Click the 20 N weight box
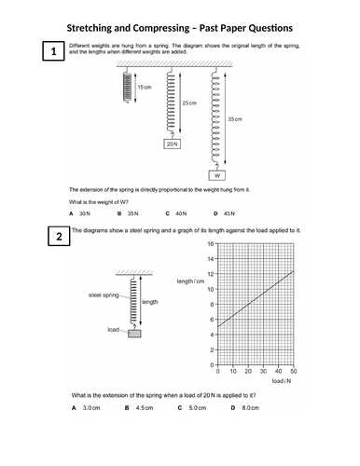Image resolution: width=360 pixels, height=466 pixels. (x=172, y=144)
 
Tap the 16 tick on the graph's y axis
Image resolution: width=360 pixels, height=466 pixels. (x=211, y=243)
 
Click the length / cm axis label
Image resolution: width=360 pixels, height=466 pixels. (x=190, y=281)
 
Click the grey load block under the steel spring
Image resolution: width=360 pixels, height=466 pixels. (x=135, y=333)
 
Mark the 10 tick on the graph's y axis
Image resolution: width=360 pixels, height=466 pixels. (x=211, y=289)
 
